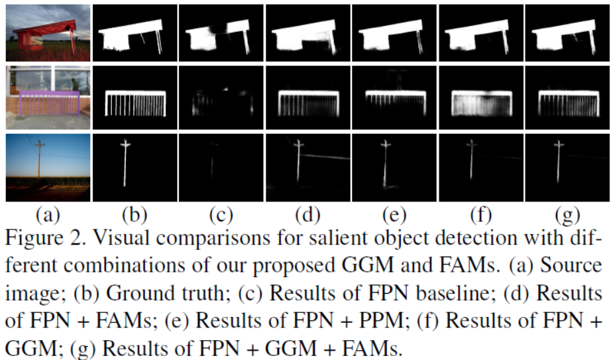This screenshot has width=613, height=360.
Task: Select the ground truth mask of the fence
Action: pyautogui.click(x=135, y=103)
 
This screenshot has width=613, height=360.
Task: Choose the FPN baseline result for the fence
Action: pyautogui.click(x=221, y=103)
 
